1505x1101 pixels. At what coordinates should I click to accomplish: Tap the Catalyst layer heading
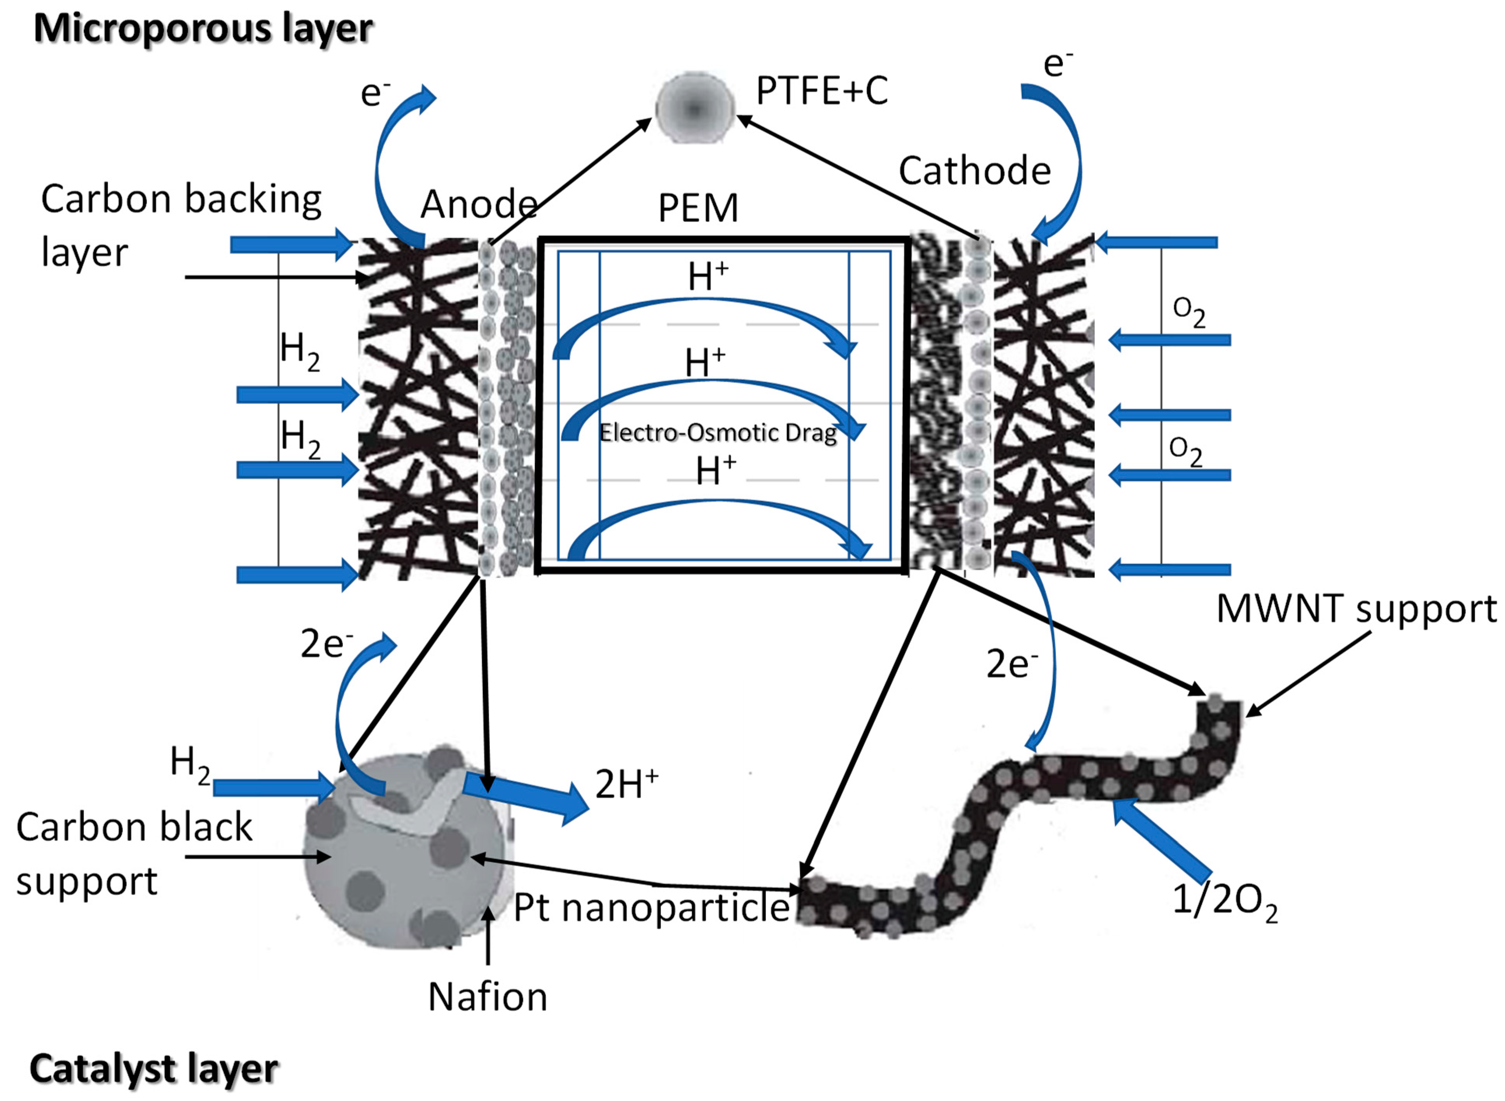153,1069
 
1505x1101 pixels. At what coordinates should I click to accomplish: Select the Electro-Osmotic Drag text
717,433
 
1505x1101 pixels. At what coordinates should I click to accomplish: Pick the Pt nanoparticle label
651,908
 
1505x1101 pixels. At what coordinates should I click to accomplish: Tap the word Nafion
487,997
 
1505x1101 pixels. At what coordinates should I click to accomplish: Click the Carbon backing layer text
180,225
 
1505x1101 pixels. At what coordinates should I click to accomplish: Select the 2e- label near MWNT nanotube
1011,664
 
